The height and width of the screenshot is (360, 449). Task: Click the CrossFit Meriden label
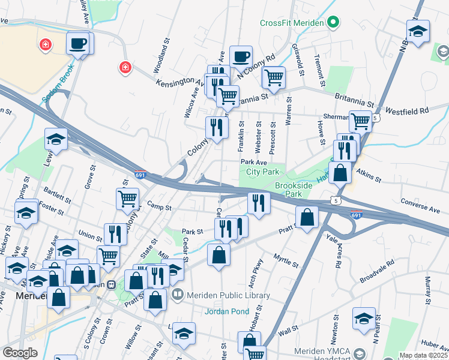point(292,23)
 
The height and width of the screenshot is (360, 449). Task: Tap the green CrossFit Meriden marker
point(334,23)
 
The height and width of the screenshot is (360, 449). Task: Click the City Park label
point(259,172)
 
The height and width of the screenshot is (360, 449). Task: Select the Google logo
point(20,353)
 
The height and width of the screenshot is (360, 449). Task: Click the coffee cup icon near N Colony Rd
point(241,57)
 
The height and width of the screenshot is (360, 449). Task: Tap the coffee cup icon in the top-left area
point(78,43)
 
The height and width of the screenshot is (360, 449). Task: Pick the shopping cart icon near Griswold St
point(273,77)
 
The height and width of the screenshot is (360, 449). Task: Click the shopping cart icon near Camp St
point(128,197)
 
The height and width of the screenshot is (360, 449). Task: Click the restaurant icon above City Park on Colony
point(217,127)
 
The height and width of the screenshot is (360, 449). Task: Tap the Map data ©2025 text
point(423,355)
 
